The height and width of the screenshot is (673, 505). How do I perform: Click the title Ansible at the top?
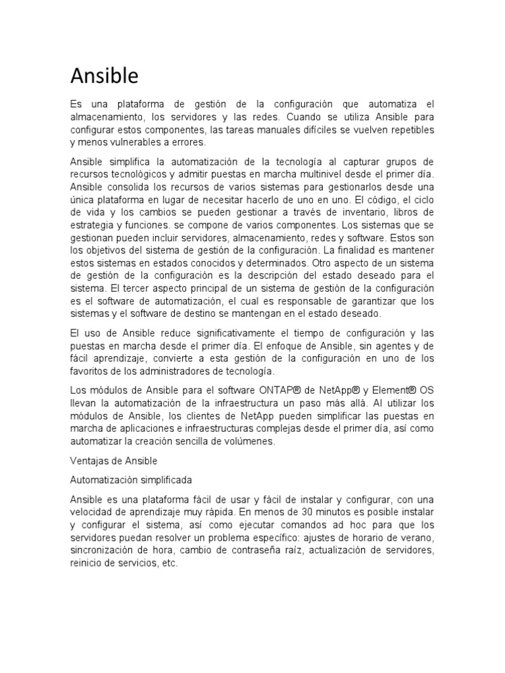pos(105,77)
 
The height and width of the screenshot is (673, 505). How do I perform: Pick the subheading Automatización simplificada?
pos(131,479)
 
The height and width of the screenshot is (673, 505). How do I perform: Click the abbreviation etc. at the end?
pos(169,563)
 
